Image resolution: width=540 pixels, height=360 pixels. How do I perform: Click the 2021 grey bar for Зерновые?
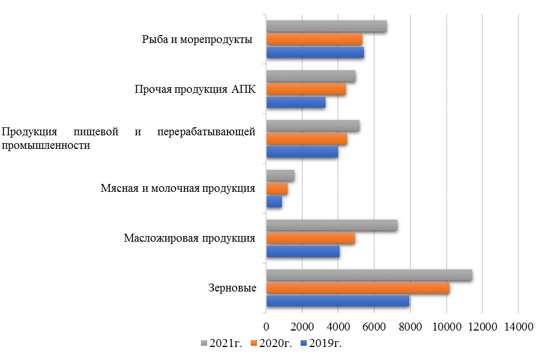click(369, 275)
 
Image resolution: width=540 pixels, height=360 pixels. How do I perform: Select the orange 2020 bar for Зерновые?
click(358, 288)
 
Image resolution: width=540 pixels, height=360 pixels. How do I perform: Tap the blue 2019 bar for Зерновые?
click(337, 301)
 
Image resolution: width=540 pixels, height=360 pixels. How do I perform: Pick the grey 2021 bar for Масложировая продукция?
click(332, 225)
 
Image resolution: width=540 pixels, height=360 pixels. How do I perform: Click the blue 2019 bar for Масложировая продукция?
click(303, 251)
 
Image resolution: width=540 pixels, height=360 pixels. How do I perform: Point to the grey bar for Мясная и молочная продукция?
click(280, 176)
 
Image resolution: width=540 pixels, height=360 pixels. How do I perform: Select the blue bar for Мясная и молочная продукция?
click(274, 201)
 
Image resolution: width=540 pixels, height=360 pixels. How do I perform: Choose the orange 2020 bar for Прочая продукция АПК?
click(306, 89)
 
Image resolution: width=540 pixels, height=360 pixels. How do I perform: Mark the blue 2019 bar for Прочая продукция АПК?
click(295, 102)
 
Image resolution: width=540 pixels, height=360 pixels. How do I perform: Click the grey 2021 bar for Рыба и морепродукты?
click(326, 27)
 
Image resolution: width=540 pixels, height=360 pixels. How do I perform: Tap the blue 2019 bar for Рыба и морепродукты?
click(315, 52)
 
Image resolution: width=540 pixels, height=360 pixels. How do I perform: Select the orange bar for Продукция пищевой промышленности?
click(306, 139)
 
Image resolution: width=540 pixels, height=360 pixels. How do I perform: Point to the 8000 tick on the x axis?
click(410, 327)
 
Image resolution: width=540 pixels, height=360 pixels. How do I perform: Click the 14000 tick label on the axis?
click(518, 327)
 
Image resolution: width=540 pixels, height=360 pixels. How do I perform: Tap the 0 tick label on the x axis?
click(266, 327)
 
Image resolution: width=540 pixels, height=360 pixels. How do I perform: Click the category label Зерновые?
click(232, 288)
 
